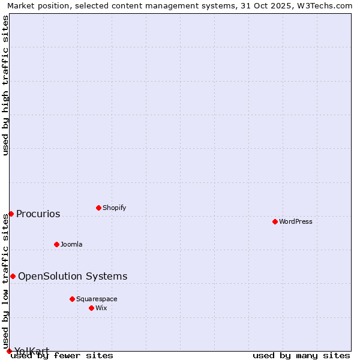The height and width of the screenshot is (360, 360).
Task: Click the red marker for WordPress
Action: [275, 221]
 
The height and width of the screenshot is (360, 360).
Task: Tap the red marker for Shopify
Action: [98, 208]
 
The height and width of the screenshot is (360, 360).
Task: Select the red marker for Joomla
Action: [56, 244]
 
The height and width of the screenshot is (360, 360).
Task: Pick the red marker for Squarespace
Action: [72, 299]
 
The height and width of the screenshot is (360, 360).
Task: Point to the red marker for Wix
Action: [91, 308]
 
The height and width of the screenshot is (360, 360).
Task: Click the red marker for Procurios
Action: [11, 214]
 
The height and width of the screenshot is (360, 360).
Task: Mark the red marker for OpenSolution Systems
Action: [13, 276]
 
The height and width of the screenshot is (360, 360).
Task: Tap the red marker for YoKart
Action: [9, 351]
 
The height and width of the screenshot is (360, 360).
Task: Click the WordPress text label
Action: [296, 221]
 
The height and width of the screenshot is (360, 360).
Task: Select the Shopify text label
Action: [114, 208]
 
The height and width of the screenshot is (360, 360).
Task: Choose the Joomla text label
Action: [71, 244]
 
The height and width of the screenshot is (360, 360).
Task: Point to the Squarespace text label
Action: [97, 299]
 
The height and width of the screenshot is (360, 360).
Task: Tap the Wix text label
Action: [101, 308]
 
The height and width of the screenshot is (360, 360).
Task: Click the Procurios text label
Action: [38, 214]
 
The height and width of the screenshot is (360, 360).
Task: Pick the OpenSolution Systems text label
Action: [73, 276]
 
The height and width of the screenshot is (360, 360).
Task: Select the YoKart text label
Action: [32, 350]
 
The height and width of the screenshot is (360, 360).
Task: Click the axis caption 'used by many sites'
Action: [301, 355]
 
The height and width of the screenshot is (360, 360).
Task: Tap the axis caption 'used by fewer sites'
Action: [62, 355]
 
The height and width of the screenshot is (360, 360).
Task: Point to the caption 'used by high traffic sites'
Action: [5, 85]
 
